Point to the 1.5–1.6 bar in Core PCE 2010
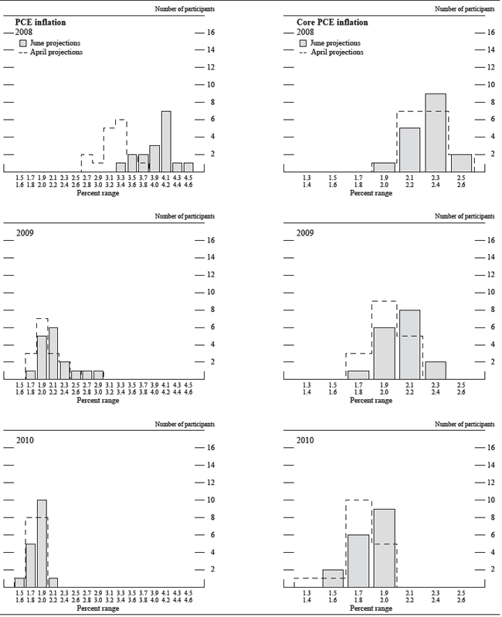(x=333, y=578)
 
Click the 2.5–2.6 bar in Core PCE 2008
(x=460, y=163)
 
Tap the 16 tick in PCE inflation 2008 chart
(x=209, y=32)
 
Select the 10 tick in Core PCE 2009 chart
(x=487, y=292)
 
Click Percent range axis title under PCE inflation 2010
(x=98, y=609)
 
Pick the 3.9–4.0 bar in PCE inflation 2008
(x=154, y=158)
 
